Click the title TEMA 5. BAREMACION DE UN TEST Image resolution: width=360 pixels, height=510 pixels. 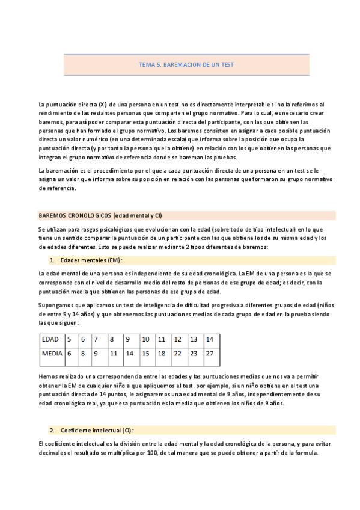(x=186, y=64)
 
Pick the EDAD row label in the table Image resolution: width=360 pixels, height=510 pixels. (x=50, y=339)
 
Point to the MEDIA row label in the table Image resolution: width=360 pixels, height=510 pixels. (x=52, y=354)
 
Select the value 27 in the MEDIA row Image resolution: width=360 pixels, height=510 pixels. (x=209, y=354)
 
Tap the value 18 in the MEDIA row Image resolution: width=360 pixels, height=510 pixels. (x=162, y=354)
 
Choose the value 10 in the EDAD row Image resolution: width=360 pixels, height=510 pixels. (x=145, y=339)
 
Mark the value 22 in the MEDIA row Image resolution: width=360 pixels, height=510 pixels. (x=177, y=354)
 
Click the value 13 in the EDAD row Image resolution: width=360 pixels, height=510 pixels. (x=194, y=339)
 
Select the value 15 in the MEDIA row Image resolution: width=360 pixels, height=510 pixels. (x=145, y=354)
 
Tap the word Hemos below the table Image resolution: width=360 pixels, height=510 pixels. (x=47, y=376)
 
